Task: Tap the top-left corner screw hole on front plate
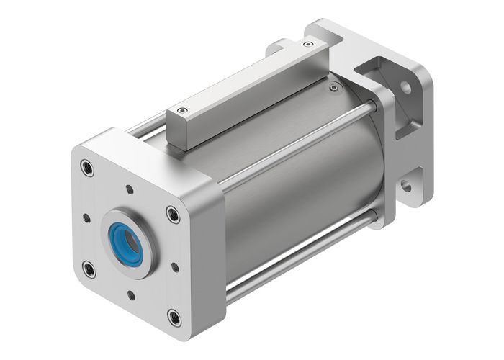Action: [88, 168]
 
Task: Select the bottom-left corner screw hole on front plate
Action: [89, 269]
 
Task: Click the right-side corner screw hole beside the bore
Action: [171, 213]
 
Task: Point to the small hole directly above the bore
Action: [130, 191]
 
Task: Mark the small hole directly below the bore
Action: [131, 294]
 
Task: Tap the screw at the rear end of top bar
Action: [308, 45]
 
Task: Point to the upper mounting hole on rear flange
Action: [406, 88]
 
